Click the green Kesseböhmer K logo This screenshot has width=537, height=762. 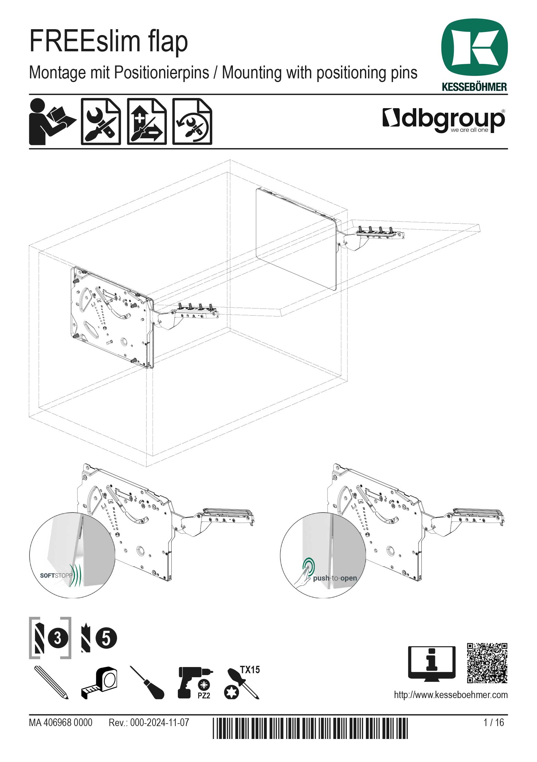click(x=474, y=47)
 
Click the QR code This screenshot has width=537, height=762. click(x=487, y=663)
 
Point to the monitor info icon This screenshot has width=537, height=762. click(x=431, y=663)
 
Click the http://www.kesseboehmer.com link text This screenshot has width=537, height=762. click(x=451, y=695)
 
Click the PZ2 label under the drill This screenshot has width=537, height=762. click(x=204, y=696)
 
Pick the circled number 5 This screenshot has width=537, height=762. click(x=106, y=638)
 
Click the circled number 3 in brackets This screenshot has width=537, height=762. click(x=58, y=638)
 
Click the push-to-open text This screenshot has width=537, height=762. click(x=335, y=578)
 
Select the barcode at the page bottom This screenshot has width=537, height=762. click(x=310, y=728)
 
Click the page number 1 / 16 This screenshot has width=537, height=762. click(x=493, y=722)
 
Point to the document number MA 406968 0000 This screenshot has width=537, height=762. click(x=61, y=722)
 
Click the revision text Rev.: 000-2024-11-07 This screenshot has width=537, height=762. click(x=149, y=722)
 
